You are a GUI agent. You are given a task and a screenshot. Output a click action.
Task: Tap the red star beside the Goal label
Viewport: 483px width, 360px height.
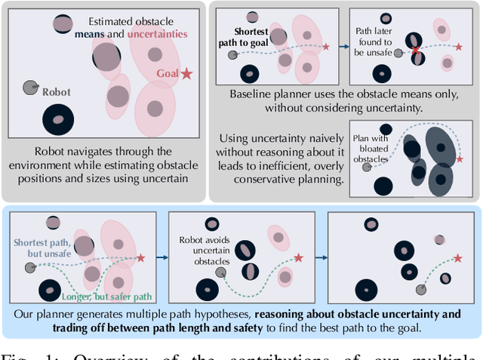point(186,73)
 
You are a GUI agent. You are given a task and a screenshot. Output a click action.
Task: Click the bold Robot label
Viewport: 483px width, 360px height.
point(56,92)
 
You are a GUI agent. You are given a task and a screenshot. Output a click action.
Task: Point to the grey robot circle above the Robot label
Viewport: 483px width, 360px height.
point(30,87)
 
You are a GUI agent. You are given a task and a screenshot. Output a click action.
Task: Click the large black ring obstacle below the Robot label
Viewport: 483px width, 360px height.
point(58,118)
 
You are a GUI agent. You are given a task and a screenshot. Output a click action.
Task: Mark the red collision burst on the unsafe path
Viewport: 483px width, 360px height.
point(415,53)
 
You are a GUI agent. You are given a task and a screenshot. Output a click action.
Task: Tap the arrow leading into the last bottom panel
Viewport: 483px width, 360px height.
point(319,257)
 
